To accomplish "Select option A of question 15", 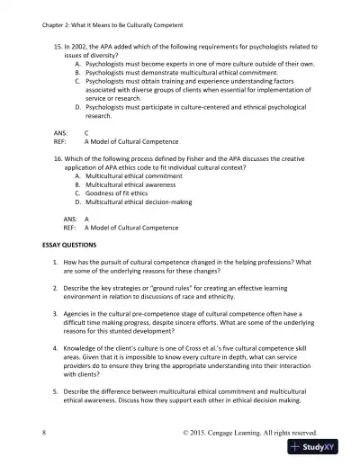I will tap(78, 64).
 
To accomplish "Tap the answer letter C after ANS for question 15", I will tap(85, 132).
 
